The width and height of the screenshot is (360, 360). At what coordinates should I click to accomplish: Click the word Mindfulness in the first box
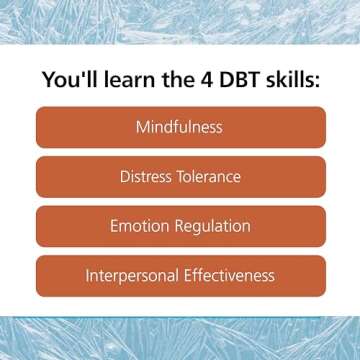point(180,128)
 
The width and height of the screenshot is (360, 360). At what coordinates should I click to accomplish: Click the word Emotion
point(141,227)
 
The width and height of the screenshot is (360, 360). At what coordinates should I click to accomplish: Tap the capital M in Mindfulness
point(143,128)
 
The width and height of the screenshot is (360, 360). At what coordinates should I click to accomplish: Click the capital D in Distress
point(125,178)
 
